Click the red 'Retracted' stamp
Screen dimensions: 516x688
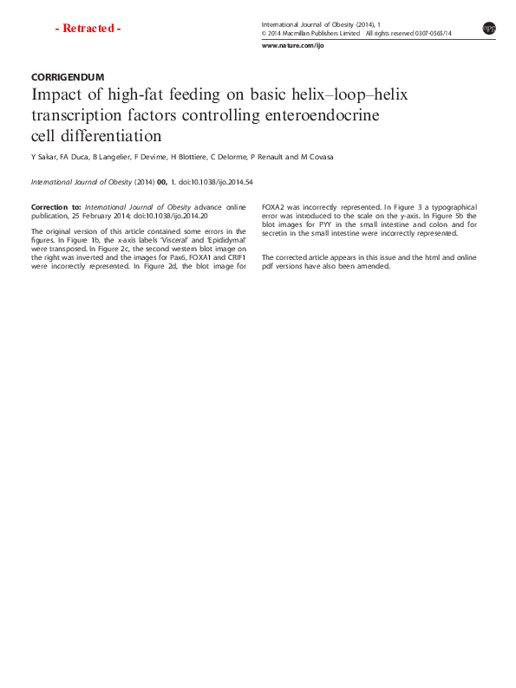(x=88, y=29)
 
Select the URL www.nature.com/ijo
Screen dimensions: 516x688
(x=292, y=45)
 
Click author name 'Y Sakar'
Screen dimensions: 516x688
(x=42, y=158)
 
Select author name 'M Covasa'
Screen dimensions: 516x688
(x=317, y=158)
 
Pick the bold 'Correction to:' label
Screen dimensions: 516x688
(x=56, y=208)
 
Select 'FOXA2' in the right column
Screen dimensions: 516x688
(x=274, y=208)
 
